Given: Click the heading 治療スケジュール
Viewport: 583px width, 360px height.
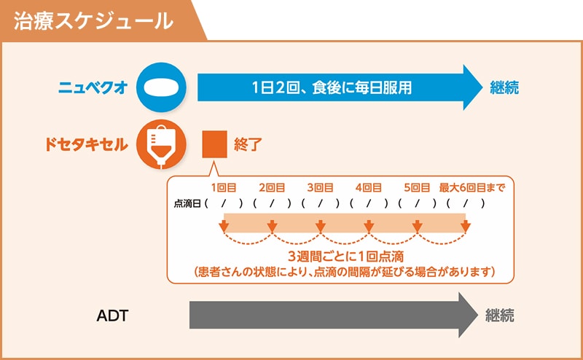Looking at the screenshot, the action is pos(93,20).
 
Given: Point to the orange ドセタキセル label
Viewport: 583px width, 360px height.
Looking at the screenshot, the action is pos(90,144).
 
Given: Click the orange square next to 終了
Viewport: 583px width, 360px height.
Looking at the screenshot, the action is pos(215,144).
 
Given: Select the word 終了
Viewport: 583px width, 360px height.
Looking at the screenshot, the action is pos(248,144).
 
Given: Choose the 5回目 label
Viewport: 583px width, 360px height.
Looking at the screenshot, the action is pos(417,187).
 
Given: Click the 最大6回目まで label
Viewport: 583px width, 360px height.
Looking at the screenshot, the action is pos(472,187).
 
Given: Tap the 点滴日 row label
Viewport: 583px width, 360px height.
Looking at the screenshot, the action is pos(187,203).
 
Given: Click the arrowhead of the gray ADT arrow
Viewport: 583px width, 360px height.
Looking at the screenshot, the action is pos(470,316).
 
